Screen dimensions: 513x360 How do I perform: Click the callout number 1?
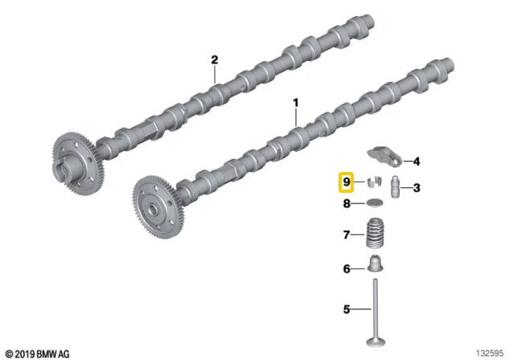(x=296, y=103)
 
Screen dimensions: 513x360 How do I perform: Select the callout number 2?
(x=215, y=59)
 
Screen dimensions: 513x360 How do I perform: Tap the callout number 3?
(x=417, y=188)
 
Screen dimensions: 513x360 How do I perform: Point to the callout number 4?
(x=417, y=162)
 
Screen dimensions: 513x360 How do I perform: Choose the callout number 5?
(x=347, y=309)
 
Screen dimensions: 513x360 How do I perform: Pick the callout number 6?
(x=347, y=268)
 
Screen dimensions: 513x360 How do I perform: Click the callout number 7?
(x=347, y=235)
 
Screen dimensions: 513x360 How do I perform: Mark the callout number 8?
(x=347, y=204)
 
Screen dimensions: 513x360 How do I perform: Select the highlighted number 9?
(x=346, y=182)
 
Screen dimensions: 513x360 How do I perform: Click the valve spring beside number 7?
(x=375, y=234)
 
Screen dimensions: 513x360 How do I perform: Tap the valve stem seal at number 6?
(x=376, y=264)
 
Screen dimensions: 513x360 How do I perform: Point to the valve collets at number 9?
(x=373, y=182)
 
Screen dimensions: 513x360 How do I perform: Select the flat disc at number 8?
(x=374, y=202)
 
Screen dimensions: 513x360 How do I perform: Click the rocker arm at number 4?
(x=384, y=157)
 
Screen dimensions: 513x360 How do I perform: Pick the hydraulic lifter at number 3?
(x=396, y=187)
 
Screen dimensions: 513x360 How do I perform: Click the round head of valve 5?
(x=376, y=342)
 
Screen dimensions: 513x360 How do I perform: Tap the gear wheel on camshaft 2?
(x=79, y=164)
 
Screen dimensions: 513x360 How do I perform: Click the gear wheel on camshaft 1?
(x=158, y=207)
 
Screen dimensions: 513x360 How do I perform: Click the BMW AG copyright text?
(x=38, y=354)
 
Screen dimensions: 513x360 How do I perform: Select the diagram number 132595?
(x=490, y=354)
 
